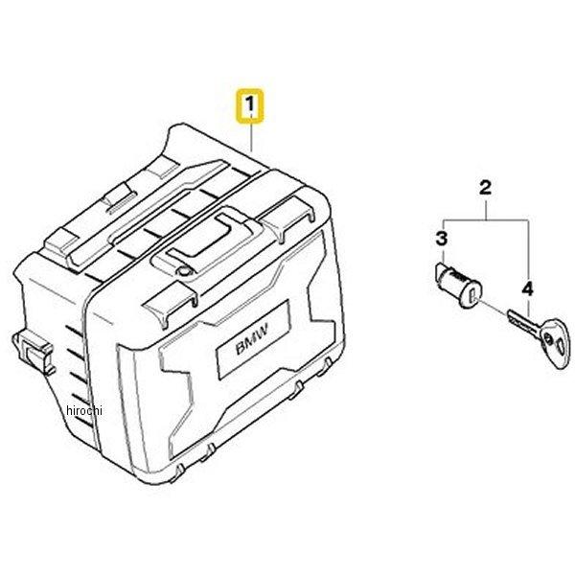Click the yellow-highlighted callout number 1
click(x=250, y=104)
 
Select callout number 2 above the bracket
click(x=485, y=188)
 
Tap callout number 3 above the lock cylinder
click(x=442, y=239)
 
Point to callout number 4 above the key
click(x=527, y=290)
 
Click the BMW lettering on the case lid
click(x=251, y=338)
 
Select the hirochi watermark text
click(x=84, y=410)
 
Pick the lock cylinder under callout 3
click(x=456, y=286)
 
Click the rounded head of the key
click(x=555, y=342)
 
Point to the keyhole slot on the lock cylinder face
click(x=472, y=294)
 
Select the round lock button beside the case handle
click(x=184, y=272)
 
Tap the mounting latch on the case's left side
click(x=34, y=353)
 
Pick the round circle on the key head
click(x=549, y=338)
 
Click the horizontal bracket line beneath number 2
click(x=486, y=219)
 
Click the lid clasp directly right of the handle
click(x=288, y=218)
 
